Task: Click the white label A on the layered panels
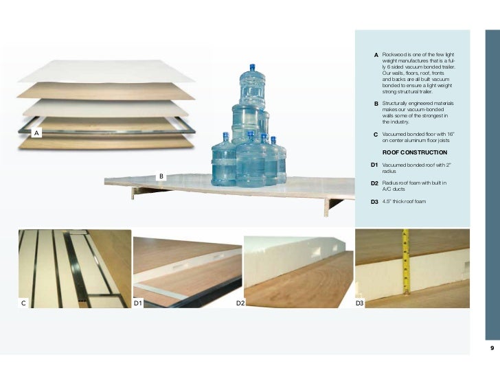pos(36,133)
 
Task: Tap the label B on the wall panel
pos(161,176)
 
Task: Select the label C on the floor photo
pos(23,303)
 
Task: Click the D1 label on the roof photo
pos(138,303)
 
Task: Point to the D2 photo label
pos(240,303)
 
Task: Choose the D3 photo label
pos(360,303)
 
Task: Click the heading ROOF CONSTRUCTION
pos(415,152)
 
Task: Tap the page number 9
pos(492,348)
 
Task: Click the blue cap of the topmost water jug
pos(252,67)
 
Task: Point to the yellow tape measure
pos(406,261)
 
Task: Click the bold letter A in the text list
pos(376,55)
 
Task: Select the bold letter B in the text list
pos(376,104)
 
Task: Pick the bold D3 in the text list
pos(374,202)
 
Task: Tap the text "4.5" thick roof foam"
pos(404,202)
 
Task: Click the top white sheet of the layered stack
pos(106,71)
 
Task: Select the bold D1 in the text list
pos(374,165)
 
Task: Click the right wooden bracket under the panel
pos(333,206)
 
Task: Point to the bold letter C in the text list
pos(376,135)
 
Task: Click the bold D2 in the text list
pos(374,183)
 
